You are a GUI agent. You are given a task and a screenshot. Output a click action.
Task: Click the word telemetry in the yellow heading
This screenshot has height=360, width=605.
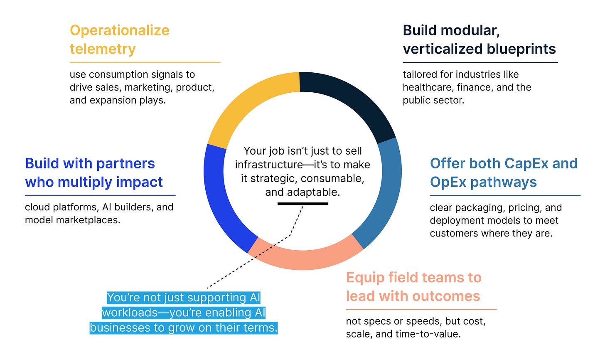tap(103, 49)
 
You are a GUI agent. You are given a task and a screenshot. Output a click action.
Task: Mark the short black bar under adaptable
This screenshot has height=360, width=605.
tap(302, 204)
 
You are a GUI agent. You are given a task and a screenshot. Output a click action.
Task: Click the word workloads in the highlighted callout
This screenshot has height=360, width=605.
tap(133, 313)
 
